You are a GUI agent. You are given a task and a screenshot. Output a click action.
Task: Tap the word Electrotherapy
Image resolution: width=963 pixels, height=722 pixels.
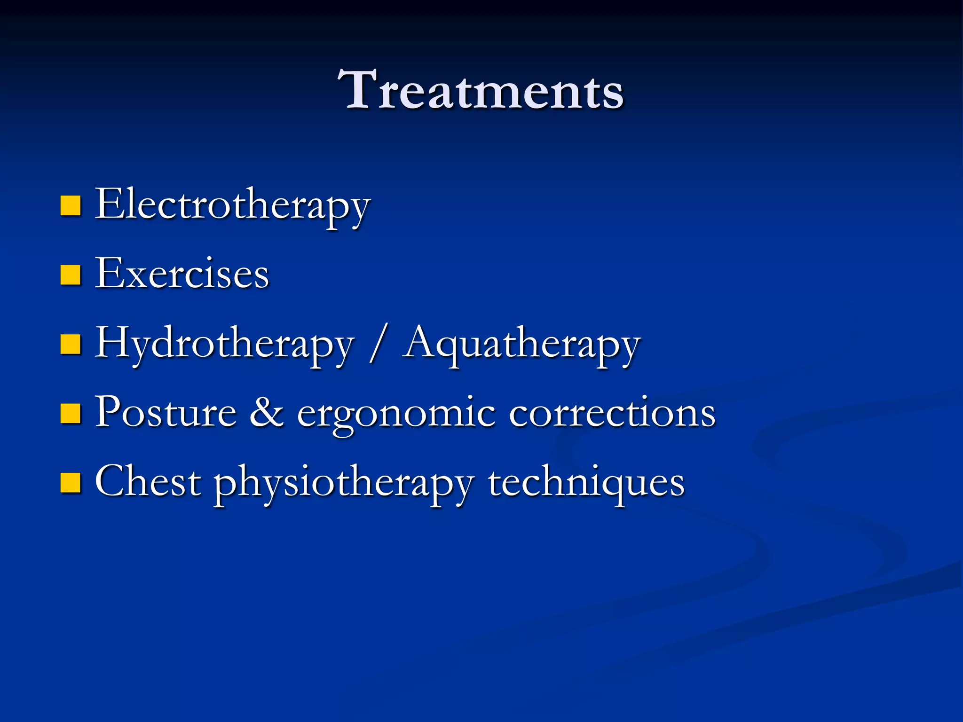point(233,205)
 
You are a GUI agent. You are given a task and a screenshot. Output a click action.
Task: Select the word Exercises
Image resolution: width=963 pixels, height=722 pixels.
point(182,274)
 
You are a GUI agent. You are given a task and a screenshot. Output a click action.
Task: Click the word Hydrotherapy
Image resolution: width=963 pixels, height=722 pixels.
point(224,344)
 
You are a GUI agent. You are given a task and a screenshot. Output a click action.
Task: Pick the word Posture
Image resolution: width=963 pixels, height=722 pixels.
point(166,412)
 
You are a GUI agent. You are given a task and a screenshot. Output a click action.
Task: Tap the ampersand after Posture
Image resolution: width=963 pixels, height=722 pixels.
point(267,412)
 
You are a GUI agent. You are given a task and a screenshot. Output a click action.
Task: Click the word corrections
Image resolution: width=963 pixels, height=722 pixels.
point(612,412)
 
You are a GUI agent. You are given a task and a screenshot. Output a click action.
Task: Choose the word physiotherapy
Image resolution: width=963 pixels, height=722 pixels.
point(344,483)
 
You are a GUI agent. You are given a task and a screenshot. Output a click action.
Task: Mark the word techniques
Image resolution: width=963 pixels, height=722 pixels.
point(586,482)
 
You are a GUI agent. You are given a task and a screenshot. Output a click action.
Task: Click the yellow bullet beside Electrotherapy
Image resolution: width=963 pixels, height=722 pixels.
point(71,206)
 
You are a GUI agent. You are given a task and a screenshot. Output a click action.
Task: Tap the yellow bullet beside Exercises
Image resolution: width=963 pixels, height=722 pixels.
point(71,275)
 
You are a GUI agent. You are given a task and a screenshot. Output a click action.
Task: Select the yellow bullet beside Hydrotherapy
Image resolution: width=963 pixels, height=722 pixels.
point(71,344)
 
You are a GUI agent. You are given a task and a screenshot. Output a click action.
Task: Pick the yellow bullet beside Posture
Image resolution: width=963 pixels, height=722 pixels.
point(71,413)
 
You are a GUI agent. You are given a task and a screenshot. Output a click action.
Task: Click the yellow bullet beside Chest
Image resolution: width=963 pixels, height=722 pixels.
point(71,482)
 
